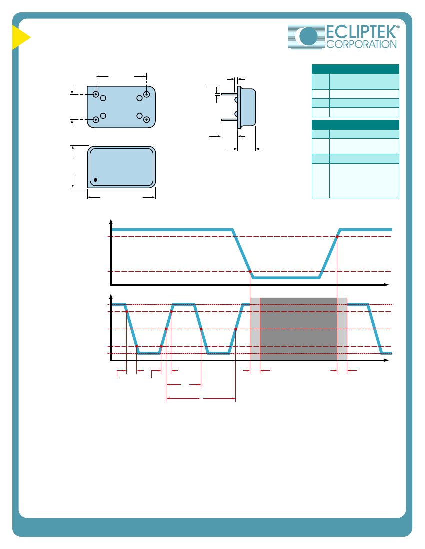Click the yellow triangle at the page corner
click(20, 37)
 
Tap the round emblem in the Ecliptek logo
click(308, 36)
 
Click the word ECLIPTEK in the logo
click(361, 32)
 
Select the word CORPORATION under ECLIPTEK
click(361, 44)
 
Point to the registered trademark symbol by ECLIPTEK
click(398, 27)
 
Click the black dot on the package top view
click(95, 180)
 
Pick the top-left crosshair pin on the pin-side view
click(96, 94)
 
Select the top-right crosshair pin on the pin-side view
click(147, 94)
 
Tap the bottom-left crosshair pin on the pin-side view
click(96, 120)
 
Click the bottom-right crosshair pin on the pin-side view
click(147, 120)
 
